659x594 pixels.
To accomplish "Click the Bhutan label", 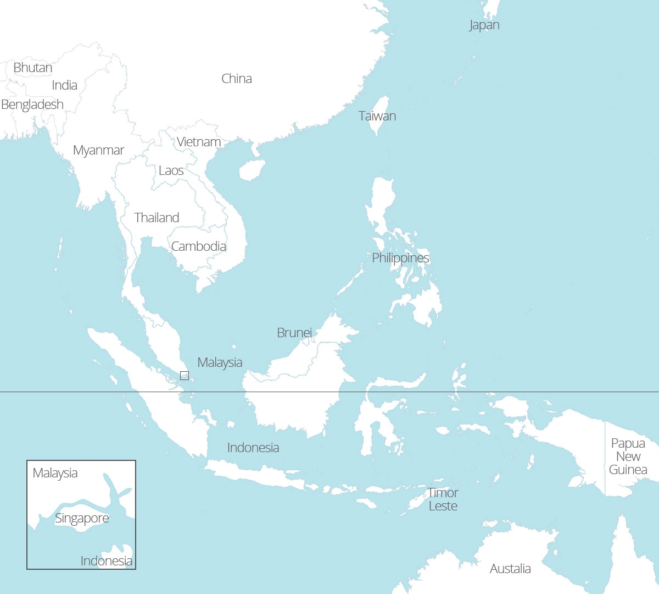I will (x=33, y=68).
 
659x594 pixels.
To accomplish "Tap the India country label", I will (x=64, y=85).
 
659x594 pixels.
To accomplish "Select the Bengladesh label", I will (x=32, y=105).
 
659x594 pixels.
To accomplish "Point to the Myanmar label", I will (x=98, y=150).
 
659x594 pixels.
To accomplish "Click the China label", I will (x=237, y=79).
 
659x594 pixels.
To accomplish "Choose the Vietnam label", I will (x=199, y=142).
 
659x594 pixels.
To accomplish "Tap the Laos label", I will (x=171, y=170).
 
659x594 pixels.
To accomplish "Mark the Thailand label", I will (x=157, y=218).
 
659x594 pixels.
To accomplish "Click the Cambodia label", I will (x=198, y=246).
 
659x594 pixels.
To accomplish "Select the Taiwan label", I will (x=377, y=116).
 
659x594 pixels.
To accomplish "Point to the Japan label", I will (x=484, y=25).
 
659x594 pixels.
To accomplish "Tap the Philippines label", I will (x=400, y=258).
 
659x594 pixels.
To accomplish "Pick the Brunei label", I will (x=294, y=333).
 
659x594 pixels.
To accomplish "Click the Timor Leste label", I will (x=443, y=499).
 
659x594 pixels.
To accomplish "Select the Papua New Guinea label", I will (x=628, y=457).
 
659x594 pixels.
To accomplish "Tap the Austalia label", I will (x=510, y=569).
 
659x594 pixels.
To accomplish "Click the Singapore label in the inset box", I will (x=82, y=518).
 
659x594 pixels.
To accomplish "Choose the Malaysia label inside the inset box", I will (x=55, y=473).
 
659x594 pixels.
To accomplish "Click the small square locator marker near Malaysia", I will (x=185, y=376).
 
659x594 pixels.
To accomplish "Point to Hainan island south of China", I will (x=252, y=170).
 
